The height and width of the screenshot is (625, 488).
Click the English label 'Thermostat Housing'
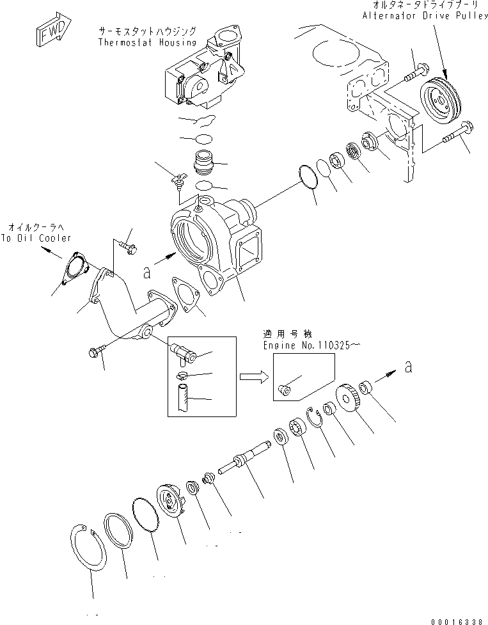[x=147, y=42]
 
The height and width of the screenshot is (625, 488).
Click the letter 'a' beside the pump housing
[x=147, y=273]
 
